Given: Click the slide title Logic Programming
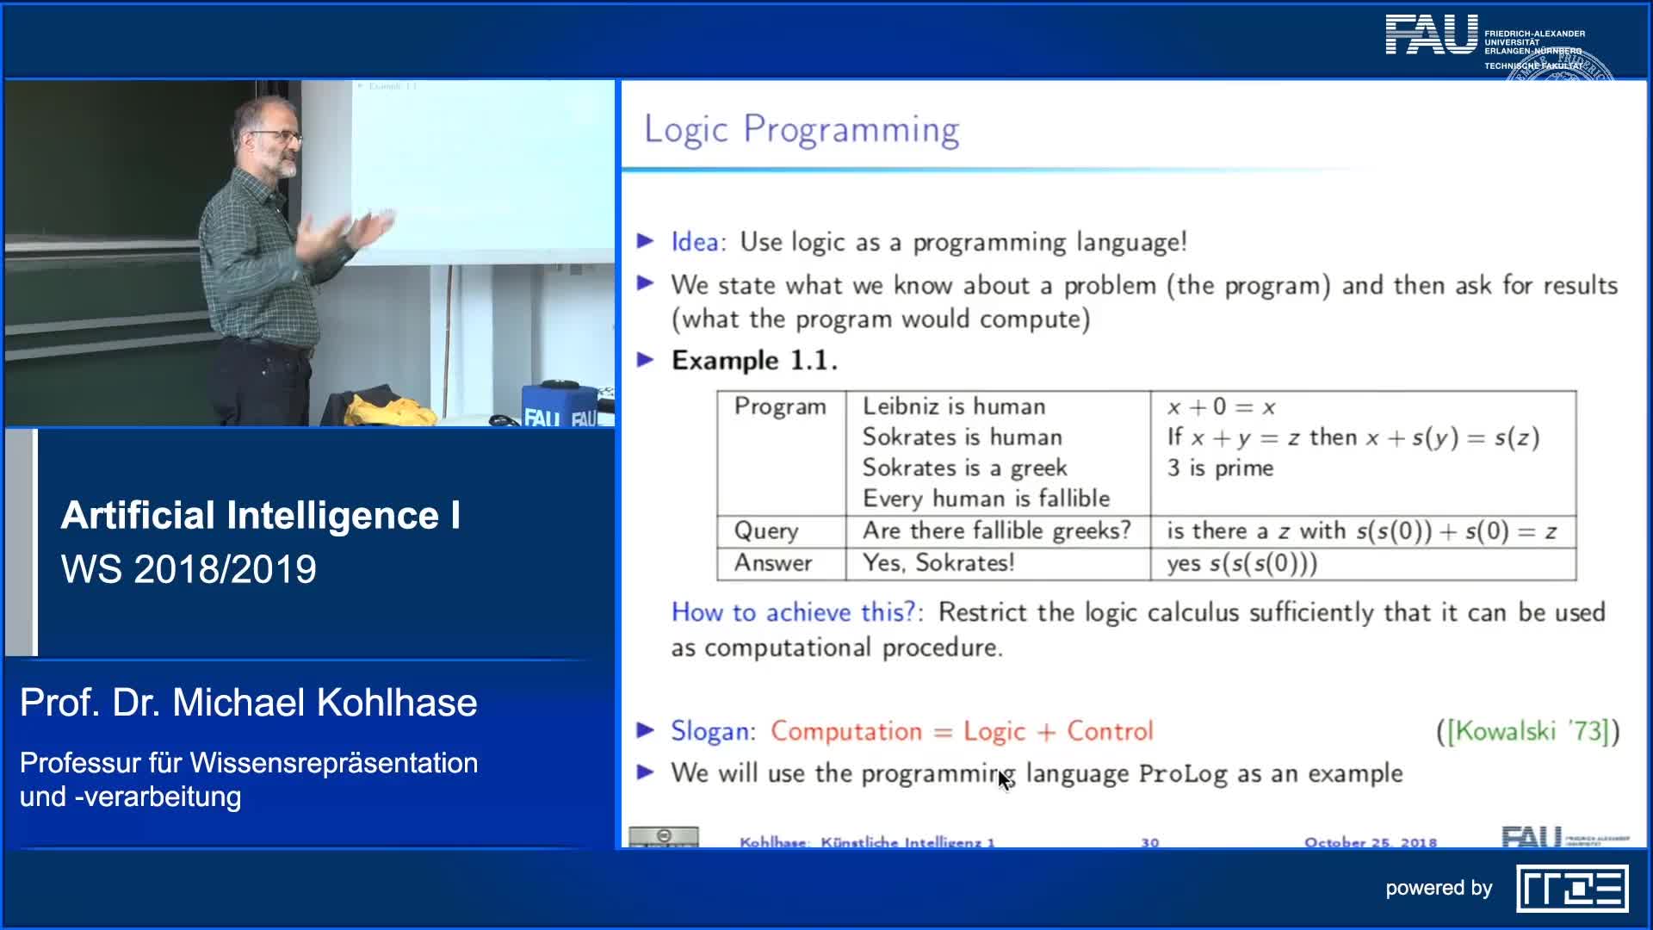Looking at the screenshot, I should pos(801,130).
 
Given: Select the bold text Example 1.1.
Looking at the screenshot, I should pos(754,360).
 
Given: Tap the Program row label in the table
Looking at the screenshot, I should pos(779,406).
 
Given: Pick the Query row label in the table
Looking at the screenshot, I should pos(765,530).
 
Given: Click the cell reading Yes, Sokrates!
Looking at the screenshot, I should pos(938,563).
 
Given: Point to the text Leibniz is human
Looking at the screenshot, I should pos(953,406).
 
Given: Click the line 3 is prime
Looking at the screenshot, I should pos(1220,468).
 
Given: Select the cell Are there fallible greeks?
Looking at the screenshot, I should pos(996,530).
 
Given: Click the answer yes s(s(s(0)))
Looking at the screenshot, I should pos(1241,563).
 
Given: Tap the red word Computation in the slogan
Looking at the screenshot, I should pos(845,731).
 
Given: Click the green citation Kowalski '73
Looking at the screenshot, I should pos(1527,731).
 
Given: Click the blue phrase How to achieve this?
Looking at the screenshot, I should pos(793,612).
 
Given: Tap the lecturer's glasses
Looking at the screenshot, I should pos(277,136).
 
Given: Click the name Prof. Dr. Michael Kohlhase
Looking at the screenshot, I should pos(248,703).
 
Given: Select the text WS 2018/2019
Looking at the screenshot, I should pos(189,569).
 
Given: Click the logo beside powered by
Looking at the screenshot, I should pos(1572,889).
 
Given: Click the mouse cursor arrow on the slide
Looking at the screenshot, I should pos(1004,780).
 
